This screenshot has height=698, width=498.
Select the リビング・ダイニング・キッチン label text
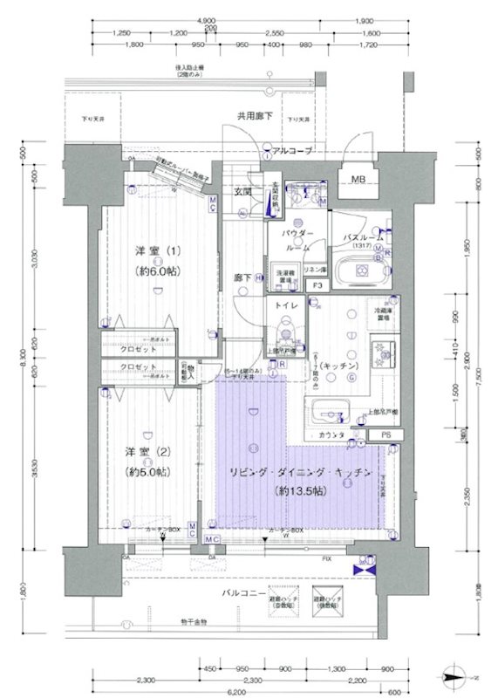(x=302, y=472)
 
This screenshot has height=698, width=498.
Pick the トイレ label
(x=285, y=306)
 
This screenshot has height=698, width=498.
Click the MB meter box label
(x=358, y=181)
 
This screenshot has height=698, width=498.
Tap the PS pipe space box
(x=385, y=434)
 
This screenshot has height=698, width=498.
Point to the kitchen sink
(x=329, y=409)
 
